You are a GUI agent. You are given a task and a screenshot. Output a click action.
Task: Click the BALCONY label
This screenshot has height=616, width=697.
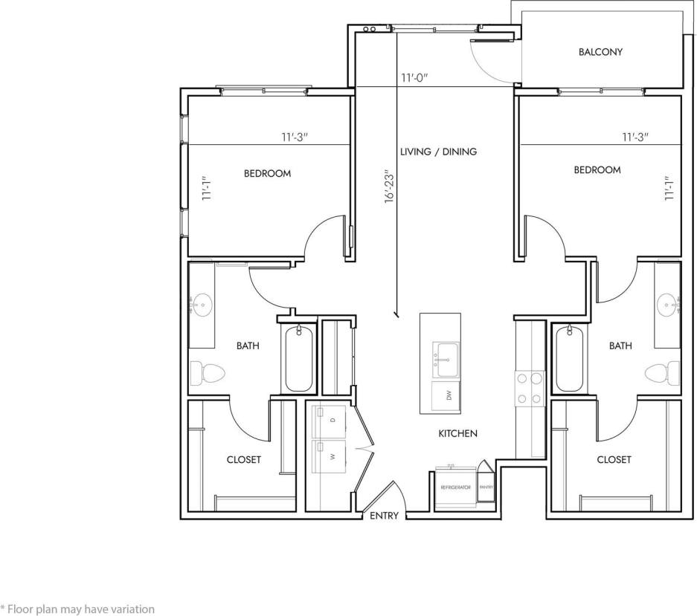click(600, 52)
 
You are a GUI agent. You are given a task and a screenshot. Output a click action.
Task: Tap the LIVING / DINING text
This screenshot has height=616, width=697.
click(438, 152)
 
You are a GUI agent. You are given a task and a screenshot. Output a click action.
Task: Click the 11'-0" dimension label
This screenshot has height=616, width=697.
click(414, 77)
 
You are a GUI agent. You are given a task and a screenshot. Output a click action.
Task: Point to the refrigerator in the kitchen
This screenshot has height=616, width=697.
click(455, 487)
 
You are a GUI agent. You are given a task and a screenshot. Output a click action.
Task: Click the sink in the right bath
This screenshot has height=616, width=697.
click(668, 302)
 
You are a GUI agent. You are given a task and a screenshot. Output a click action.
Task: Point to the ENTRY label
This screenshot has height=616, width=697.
click(385, 516)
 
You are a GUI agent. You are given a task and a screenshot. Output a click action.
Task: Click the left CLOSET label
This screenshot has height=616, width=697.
click(244, 460)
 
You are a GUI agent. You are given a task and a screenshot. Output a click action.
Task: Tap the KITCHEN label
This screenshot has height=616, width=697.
click(457, 433)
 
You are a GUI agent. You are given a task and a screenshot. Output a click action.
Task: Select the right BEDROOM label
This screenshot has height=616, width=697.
click(597, 170)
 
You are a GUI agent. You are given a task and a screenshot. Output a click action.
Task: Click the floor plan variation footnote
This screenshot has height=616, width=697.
click(78, 609)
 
